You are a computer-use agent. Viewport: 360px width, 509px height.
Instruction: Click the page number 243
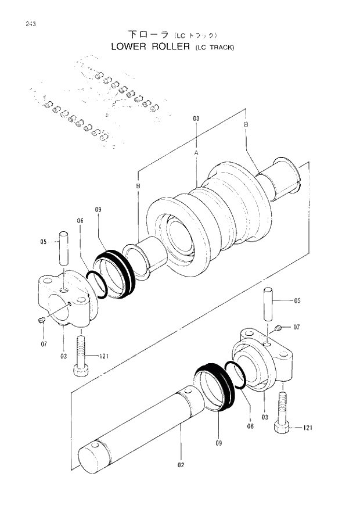24,24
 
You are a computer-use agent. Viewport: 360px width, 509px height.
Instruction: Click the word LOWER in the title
128,46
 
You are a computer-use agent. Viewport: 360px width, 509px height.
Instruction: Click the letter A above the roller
196,152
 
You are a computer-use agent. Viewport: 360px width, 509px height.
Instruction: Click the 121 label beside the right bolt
307,428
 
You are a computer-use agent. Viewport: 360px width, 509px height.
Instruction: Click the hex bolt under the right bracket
282,415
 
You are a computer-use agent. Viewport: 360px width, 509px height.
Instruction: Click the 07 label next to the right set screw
296,328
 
